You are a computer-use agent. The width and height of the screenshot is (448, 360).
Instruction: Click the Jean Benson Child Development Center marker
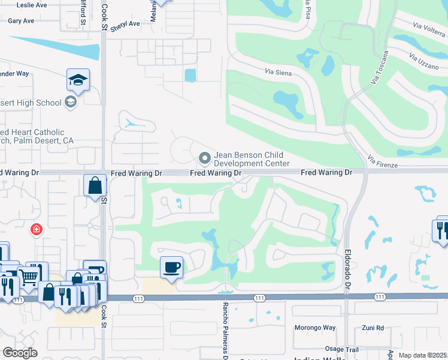pos(205,158)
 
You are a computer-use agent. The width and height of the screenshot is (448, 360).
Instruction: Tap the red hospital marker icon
pos(37,229)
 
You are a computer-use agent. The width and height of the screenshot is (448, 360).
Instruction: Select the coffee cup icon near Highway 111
pos(172,267)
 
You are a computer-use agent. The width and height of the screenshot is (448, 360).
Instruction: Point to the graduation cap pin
pos(78,79)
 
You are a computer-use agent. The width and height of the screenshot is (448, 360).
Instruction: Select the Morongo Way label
pos(315,328)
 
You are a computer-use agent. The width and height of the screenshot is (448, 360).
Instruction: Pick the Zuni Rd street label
pos(372,328)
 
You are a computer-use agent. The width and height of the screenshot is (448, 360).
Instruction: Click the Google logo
pos(20,353)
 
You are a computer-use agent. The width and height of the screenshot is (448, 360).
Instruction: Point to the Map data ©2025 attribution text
pos(423,355)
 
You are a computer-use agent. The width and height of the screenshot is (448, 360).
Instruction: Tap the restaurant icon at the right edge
pos(440,230)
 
